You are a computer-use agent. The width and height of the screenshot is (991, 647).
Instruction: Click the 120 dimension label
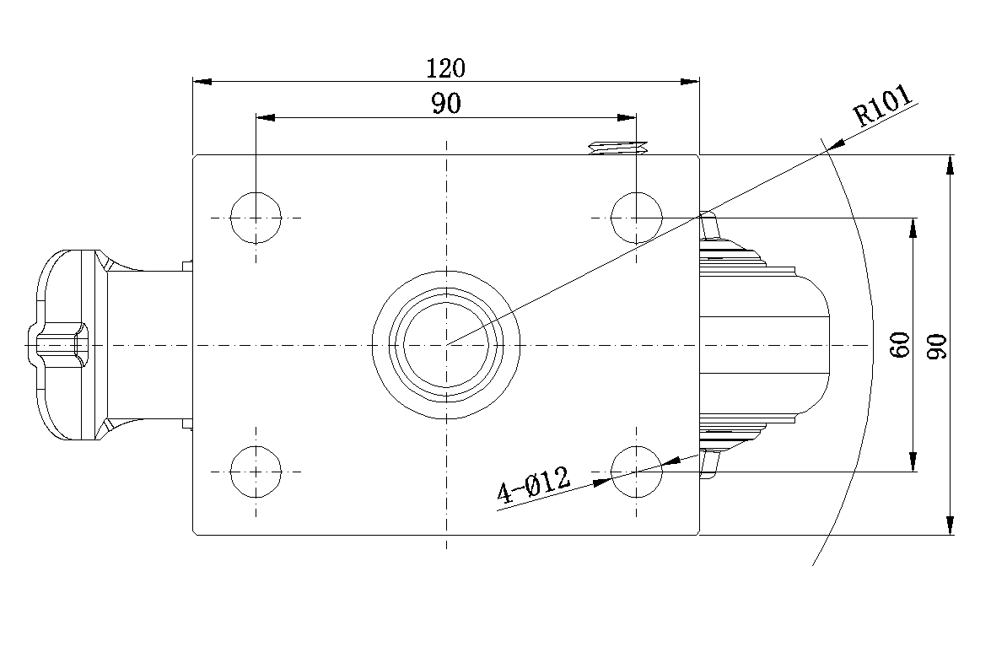(x=446, y=67)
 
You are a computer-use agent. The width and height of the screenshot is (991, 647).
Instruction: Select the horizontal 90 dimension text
(x=446, y=103)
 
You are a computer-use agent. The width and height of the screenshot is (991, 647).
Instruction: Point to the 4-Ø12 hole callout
(x=534, y=485)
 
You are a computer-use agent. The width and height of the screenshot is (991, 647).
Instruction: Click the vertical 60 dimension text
(x=900, y=344)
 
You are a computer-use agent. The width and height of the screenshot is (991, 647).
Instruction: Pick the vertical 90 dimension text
(x=937, y=346)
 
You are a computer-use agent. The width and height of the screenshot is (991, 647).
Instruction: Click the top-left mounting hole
(x=256, y=218)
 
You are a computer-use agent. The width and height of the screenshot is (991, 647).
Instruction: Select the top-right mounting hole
(x=637, y=218)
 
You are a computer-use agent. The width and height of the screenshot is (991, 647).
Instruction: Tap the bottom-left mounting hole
(x=256, y=472)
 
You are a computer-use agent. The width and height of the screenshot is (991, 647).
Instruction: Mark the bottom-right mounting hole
(x=637, y=472)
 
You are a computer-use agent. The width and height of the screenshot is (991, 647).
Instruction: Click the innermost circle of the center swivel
(x=446, y=345)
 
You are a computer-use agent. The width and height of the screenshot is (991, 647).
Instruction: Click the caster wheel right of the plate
(x=764, y=344)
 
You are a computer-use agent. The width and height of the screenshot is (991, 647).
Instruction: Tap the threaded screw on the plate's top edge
(x=618, y=148)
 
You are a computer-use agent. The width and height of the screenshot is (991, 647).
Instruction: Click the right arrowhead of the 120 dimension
(x=690, y=82)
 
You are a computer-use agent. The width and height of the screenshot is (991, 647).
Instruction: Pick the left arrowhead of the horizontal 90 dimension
(x=266, y=117)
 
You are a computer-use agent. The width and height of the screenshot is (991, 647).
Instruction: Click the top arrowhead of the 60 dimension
(x=913, y=228)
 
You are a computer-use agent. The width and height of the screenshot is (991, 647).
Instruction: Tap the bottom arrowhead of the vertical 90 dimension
(x=950, y=525)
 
